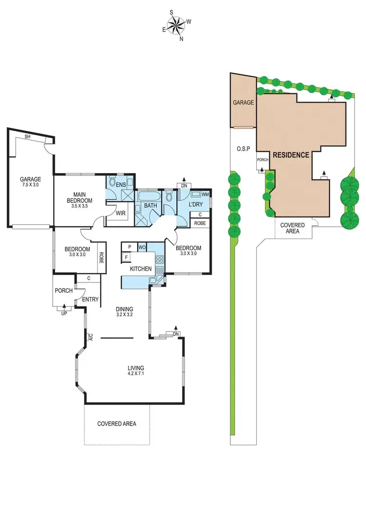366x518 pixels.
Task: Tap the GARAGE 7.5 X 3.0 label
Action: tap(30, 182)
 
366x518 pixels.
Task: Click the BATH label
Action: tap(150, 206)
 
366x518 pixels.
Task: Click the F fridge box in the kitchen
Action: tap(127, 257)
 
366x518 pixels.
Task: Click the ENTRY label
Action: tap(90, 300)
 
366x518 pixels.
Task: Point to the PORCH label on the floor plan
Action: tap(64, 291)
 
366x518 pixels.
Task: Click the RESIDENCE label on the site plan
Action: tap(291, 155)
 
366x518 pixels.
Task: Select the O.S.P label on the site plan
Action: tap(243, 148)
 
